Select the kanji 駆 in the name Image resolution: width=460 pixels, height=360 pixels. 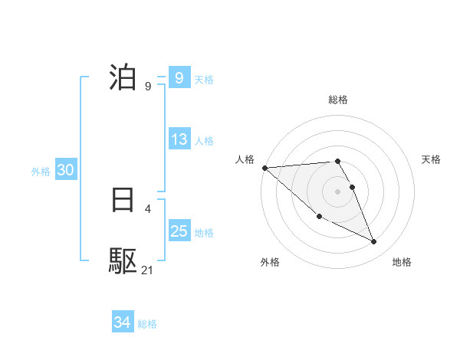[x=123, y=261]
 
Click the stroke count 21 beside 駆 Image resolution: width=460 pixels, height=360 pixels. [x=148, y=270]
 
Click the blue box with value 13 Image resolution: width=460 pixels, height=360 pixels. [x=179, y=139]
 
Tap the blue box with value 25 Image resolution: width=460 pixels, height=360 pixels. [x=179, y=231]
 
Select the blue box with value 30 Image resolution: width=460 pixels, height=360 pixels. [x=65, y=170]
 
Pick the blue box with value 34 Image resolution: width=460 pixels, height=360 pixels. [x=122, y=322]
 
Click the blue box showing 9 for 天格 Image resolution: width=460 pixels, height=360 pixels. [x=179, y=77]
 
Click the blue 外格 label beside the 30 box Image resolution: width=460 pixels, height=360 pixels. [x=41, y=172]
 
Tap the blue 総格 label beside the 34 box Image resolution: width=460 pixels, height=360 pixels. [x=147, y=324]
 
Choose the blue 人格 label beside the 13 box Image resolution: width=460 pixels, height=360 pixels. [x=204, y=141]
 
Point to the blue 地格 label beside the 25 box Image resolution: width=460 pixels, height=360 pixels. [x=204, y=232]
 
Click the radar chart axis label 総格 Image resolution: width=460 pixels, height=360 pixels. [x=338, y=100]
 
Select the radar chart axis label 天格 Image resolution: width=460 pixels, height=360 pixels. [x=432, y=159]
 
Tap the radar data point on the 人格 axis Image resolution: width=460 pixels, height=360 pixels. [x=264, y=168]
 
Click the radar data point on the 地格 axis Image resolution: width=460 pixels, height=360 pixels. [x=374, y=242]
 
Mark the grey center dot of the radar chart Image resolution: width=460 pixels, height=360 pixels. [x=338, y=191]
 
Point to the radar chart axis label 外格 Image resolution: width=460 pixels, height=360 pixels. [x=270, y=262]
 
